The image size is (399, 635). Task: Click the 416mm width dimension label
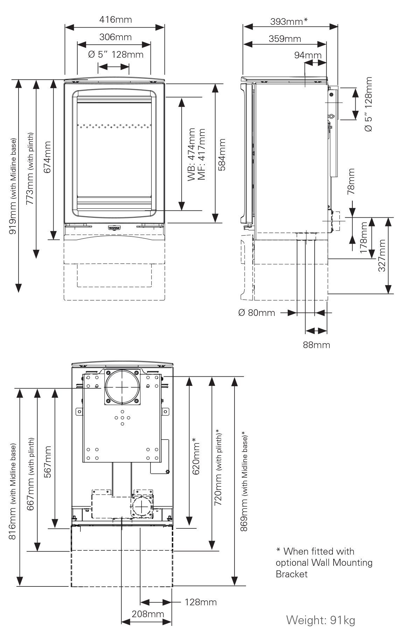(x=115, y=20)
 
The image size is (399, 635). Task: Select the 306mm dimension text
(x=115, y=37)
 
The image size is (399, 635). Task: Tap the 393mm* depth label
(x=289, y=22)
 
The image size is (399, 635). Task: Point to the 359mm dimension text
(x=285, y=39)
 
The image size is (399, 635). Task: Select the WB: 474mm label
(x=191, y=154)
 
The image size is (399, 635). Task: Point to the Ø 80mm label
(x=256, y=312)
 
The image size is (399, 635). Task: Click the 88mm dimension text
(x=316, y=345)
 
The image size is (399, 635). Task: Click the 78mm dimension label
(x=351, y=181)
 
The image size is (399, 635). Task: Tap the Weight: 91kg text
(x=321, y=620)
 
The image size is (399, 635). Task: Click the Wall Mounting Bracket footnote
(x=324, y=563)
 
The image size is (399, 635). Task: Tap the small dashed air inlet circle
(x=141, y=507)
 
